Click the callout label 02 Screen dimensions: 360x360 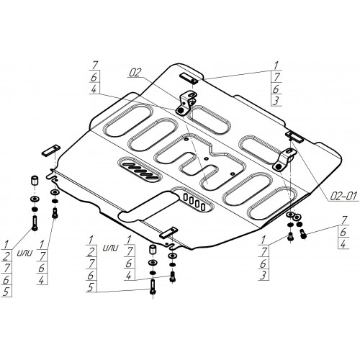pos(135,73)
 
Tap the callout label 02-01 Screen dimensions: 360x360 pos(343,197)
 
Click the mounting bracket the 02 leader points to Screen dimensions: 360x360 pos(185,103)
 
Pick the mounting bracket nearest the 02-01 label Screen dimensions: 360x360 pos(285,159)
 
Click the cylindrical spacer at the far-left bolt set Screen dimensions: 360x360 pos(35,181)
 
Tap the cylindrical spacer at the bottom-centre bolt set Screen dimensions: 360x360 pos(153,249)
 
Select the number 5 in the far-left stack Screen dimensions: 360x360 pos(6,291)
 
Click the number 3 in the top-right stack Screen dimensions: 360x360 pos(276,101)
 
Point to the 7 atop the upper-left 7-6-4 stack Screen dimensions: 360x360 pos(94,66)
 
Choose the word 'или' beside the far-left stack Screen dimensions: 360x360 pos(24,253)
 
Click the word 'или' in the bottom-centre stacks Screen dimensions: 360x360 pos(110,248)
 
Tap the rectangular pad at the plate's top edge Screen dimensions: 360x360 pos(189,78)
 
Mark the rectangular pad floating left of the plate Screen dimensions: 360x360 pos(51,150)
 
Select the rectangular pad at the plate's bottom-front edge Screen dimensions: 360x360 pos(168,233)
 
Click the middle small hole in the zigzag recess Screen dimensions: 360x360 pos(206,158)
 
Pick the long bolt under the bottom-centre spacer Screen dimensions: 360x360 pos(153,287)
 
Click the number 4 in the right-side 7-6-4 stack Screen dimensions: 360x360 pos(343,244)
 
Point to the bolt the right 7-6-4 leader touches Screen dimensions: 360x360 pos(303,234)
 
